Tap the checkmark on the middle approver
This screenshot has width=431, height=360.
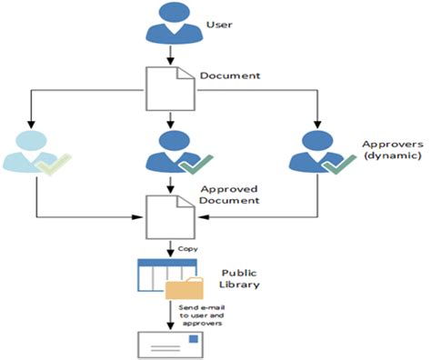[193, 164]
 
